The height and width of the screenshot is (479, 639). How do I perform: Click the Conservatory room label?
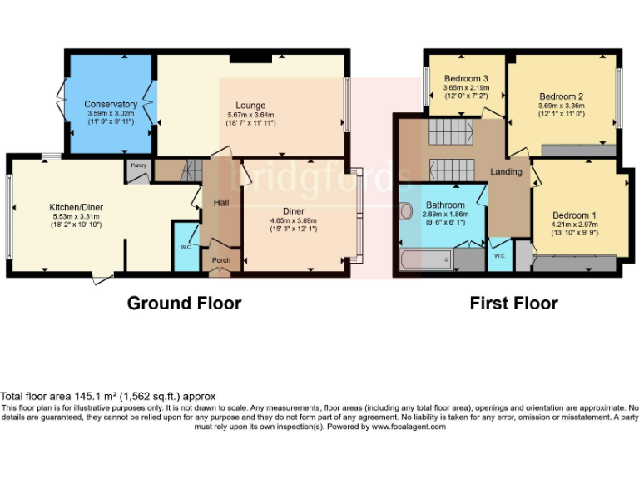point(111,104)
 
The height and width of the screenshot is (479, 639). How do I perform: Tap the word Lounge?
point(250,106)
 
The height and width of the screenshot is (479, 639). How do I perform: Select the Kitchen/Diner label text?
point(74,206)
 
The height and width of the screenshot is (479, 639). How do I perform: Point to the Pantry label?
point(139,165)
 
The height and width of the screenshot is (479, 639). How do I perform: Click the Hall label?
point(220,203)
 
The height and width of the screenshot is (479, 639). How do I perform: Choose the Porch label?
point(221,260)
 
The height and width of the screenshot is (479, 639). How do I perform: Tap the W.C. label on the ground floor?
point(186,247)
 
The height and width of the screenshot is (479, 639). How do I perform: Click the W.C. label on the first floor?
point(499,255)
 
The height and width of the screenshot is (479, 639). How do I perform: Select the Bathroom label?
point(445,205)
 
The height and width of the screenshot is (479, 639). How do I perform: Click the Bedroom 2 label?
point(561,96)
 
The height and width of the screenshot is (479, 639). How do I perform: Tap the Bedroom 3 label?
point(465,78)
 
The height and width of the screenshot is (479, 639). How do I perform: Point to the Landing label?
point(507,172)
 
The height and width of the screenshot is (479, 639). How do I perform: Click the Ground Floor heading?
point(184,303)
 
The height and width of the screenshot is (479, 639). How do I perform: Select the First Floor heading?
point(513,303)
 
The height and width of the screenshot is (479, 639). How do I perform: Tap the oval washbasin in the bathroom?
point(406,210)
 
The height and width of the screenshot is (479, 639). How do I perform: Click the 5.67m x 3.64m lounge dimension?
point(250,115)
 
